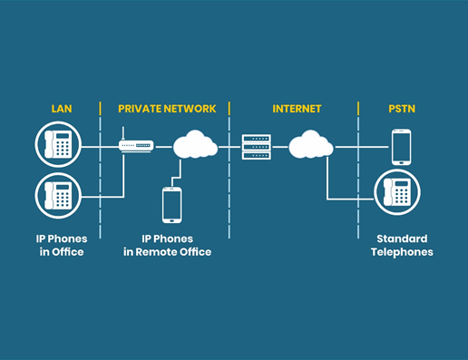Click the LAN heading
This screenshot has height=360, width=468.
pyautogui.click(x=61, y=109)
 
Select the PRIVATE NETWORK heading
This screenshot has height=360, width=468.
pyautogui.click(x=167, y=109)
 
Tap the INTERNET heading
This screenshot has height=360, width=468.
pyautogui.click(x=297, y=109)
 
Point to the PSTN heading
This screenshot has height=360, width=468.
pyautogui.click(x=401, y=109)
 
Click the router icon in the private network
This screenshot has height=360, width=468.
pyautogui.click(x=137, y=144)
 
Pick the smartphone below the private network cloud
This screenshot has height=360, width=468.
pyautogui.click(x=171, y=204)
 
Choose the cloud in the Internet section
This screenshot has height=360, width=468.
pyautogui.click(x=311, y=143)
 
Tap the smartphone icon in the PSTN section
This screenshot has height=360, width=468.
pyautogui.click(x=401, y=146)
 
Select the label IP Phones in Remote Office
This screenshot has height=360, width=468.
pyautogui.click(x=167, y=245)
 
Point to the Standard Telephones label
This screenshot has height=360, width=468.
pyautogui.click(x=401, y=245)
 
